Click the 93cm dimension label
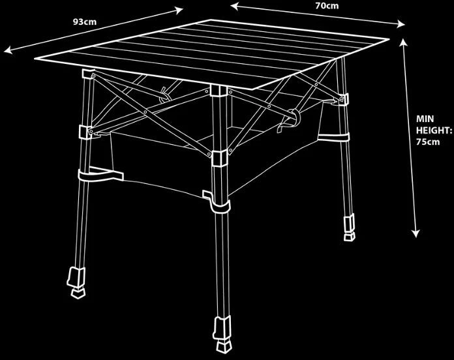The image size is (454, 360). (85, 22)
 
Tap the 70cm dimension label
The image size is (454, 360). (327, 5)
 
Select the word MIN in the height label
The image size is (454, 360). (425, 119)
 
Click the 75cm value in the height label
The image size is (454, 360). (428, 142)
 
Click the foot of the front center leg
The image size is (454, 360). (222, 335)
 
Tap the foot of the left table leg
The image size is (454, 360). (76, 282)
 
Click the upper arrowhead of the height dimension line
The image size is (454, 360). (403, 42)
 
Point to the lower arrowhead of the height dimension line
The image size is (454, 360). (416, 233)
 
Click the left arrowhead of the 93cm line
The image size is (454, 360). (8, 50)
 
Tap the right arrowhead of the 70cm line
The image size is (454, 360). (401, 24)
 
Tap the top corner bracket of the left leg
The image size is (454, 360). (88, 74)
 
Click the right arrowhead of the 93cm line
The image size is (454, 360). (179, 10)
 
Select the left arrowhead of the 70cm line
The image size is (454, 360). (235, 6)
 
